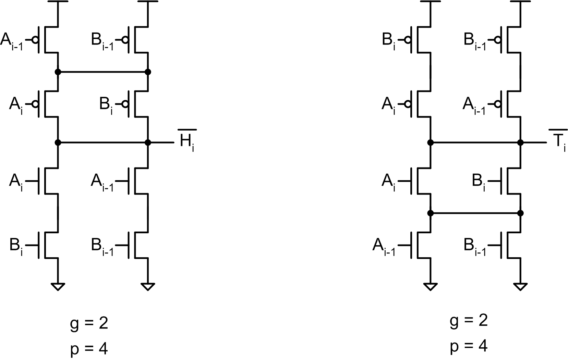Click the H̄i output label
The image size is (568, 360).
(x=187, y=140)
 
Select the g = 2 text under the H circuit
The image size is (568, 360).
(x=89, y=323)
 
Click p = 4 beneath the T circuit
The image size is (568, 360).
(x=469, y=346)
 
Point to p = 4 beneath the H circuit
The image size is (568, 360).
(x=89, y=349)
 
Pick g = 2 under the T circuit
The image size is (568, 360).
(x=469, y=321)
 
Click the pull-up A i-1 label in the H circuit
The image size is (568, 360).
(x=12, y=41)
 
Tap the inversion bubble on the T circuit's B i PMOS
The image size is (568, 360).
(x=408, y=40)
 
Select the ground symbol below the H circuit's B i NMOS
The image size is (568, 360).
(x=58, y=287)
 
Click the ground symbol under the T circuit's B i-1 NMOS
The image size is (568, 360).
(x=520, y=287)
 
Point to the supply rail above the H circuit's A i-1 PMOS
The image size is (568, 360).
(x=58, y=1)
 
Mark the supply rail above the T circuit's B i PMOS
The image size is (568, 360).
(x=430, y=1)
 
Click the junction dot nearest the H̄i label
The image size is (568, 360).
(x=148, y=142)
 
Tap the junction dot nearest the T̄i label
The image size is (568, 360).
(x=520, y=142)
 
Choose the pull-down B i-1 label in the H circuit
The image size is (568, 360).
(x=102, y=247)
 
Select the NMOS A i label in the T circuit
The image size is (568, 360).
(x=388, y=183)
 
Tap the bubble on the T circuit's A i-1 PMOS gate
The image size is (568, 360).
(x=498, y=104)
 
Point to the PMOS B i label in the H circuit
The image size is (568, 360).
(x=106, y=105)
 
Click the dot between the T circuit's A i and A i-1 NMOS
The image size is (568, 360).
(x=430, y=213)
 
